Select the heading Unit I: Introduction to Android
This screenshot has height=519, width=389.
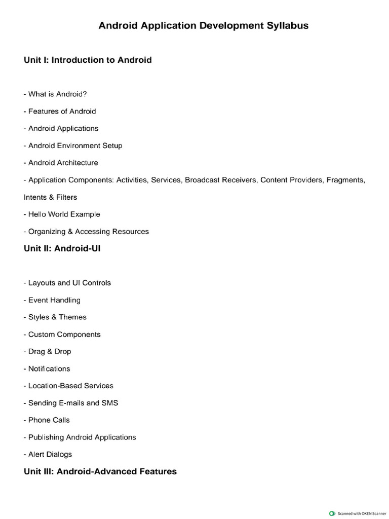pos(88,60)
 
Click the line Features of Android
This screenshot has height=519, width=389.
pos(60,111)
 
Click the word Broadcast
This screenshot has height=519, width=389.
pos(203,180)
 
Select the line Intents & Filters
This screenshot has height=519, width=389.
pos(50,197)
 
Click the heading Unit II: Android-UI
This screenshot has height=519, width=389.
pos(62,249)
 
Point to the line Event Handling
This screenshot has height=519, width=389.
pos(52,300)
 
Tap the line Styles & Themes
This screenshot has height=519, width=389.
pos(55,317)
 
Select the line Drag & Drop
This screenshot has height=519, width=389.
pos(47,351)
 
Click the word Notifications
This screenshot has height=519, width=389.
pos(49,368)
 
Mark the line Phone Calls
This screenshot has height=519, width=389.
pos(47,420)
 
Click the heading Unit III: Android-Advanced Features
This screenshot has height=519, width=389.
pos(100,471)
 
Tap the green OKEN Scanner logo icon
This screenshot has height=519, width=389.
pos(332,513)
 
